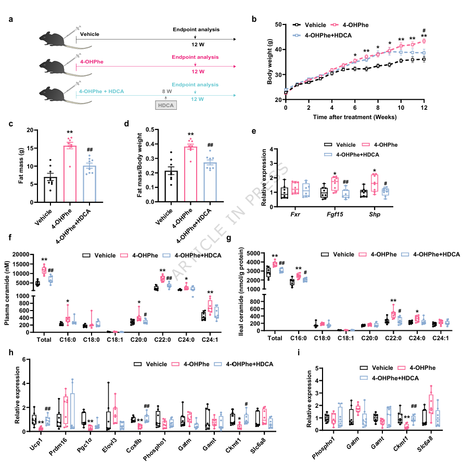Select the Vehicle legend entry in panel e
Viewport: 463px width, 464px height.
355,145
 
